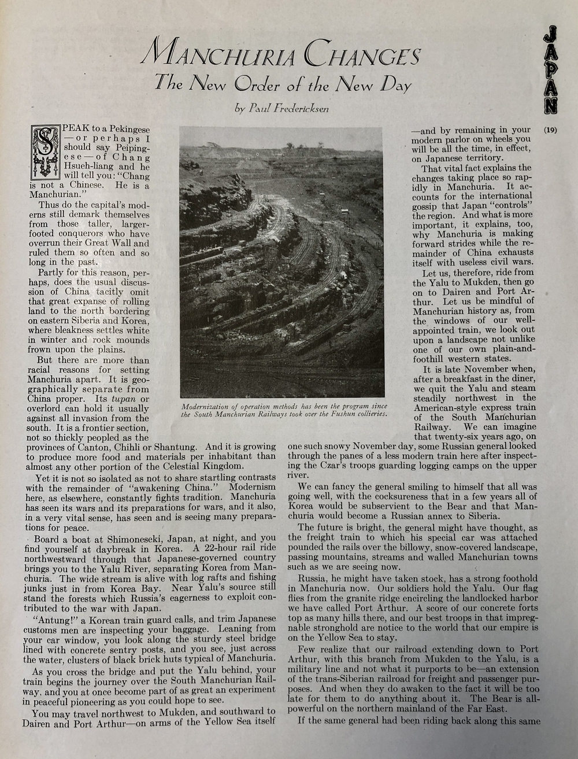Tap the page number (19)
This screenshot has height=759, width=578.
pyautogui.click(x=550, y=130)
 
